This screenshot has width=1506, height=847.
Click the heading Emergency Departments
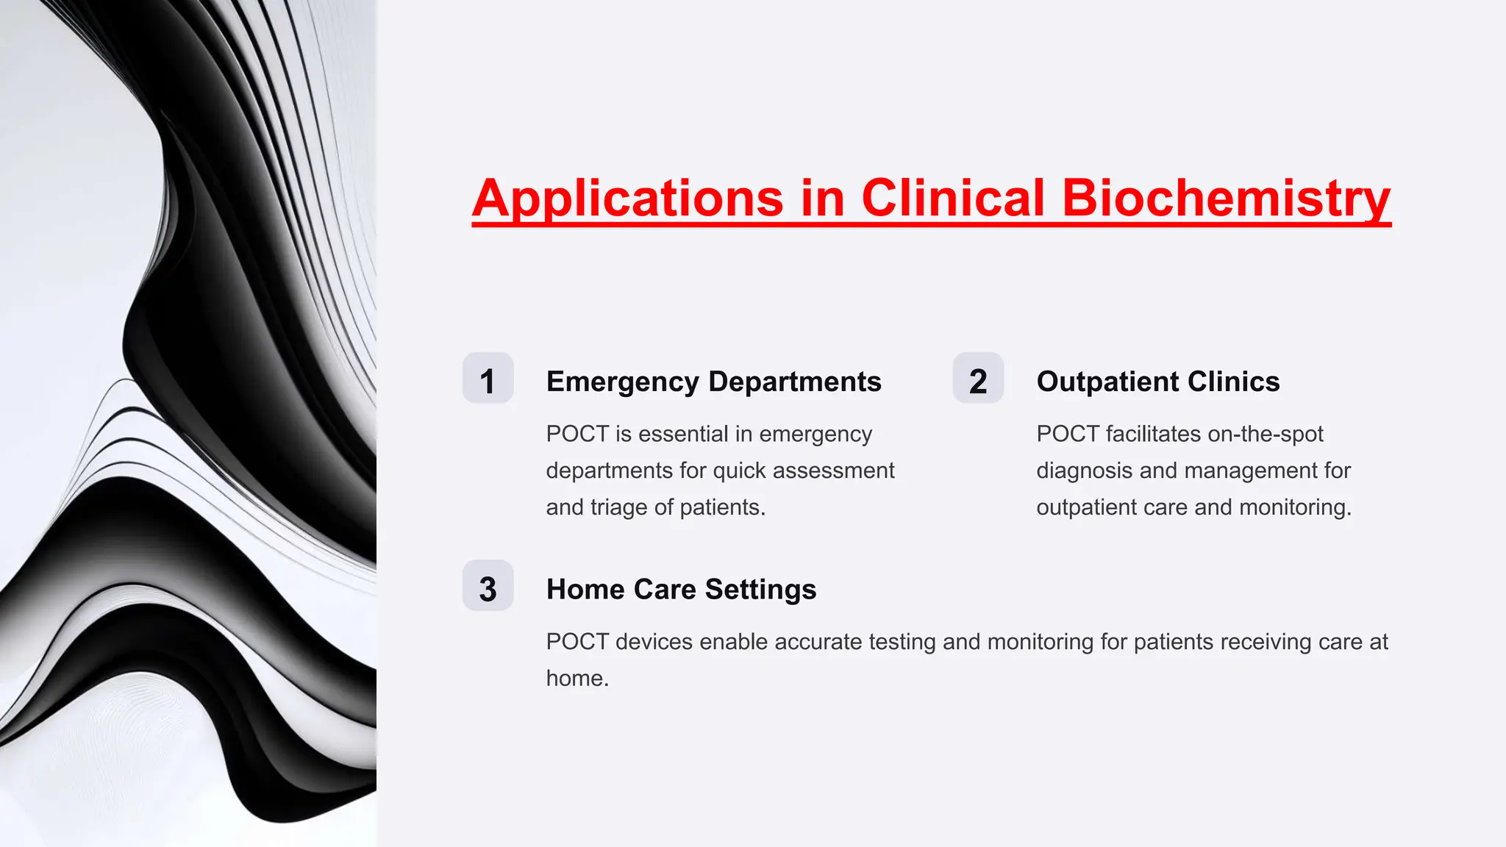tap(713, 382)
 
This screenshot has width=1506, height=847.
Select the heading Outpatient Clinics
tap(1157, 382)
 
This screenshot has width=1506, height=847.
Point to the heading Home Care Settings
tap(681, 590)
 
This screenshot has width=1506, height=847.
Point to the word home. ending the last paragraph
tap(577, 678)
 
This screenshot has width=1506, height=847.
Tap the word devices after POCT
tap(654, 642)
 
